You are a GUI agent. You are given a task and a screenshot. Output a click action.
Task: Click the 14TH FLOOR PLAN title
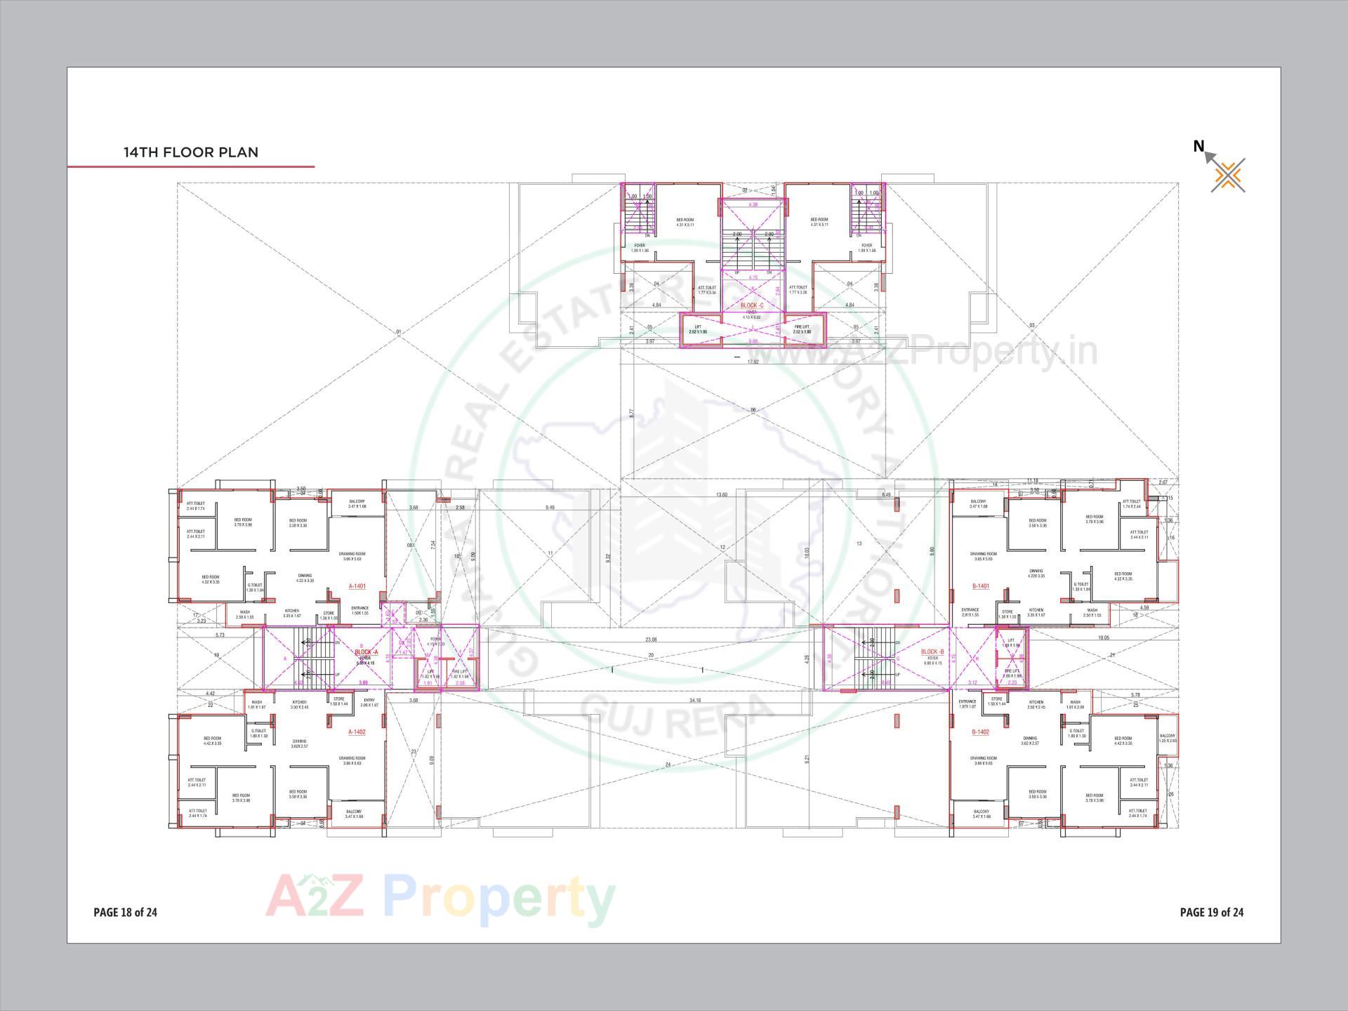(191, 152)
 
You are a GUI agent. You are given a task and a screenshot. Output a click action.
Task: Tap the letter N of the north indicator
(1198, 146)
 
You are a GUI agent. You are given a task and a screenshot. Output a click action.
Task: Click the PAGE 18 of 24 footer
(125, 912)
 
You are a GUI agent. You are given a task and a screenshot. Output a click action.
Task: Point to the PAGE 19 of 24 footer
(1212, 912)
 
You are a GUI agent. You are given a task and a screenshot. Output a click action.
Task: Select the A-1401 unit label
(357, 586)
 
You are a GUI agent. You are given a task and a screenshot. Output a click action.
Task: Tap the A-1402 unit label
(357, 732)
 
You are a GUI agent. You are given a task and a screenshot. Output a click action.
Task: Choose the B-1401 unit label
(981, 586)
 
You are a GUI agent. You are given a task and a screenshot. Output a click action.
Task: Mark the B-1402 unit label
(981, 732)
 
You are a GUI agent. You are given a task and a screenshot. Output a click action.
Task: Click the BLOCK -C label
(752, 305)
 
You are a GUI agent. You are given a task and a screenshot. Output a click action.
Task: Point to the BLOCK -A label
(366, 652)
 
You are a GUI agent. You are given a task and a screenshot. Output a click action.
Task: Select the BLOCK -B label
(932, 652)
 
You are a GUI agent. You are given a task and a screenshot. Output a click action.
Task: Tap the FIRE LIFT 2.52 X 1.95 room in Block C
(802, 329)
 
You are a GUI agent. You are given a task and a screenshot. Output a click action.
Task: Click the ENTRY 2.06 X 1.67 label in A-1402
(369, 702)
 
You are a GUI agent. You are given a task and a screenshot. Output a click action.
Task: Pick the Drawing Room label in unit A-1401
(352, 556)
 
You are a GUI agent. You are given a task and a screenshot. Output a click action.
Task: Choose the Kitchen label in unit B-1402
(1036, 703)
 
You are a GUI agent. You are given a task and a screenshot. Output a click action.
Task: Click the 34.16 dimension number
(696, 700)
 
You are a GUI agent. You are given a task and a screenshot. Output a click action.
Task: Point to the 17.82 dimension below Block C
(753, 362)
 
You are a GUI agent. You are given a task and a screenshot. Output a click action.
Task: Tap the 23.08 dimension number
(652, 640)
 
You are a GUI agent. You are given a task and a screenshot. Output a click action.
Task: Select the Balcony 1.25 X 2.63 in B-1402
(1168, 738)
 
